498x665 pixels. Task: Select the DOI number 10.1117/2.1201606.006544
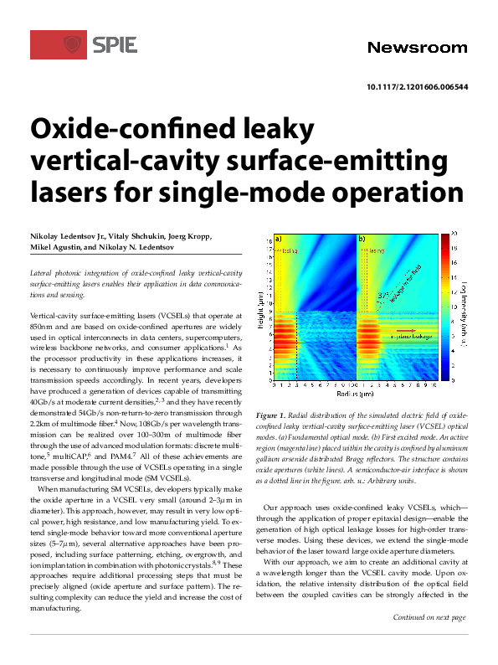click(x=417, y=87)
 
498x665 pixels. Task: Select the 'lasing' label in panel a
click(x=290, y=250)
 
